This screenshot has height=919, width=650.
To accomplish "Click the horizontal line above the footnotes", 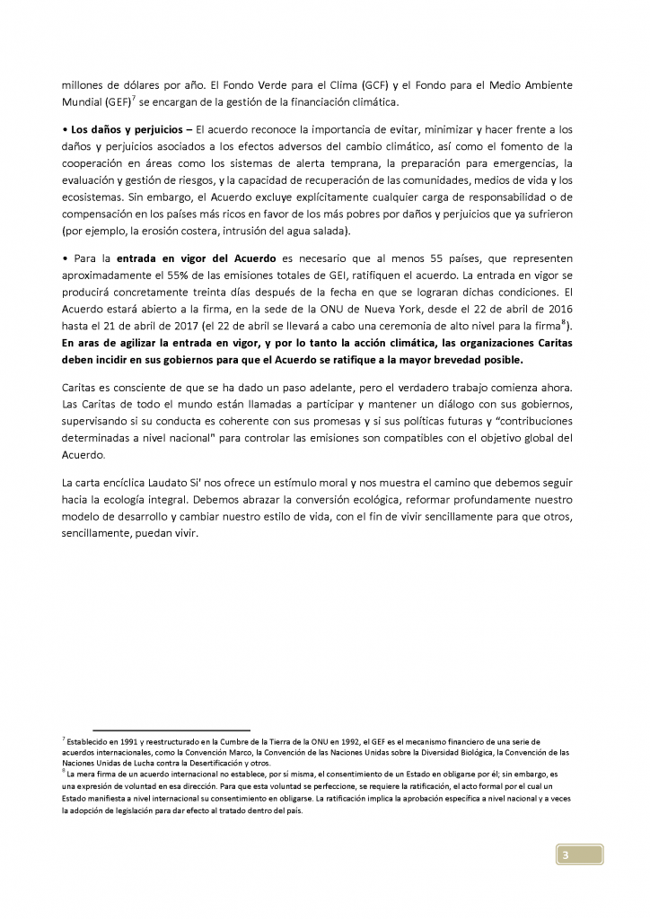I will tap(171, 730).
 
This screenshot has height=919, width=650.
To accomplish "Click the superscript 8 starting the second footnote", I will tap(63, 772).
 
